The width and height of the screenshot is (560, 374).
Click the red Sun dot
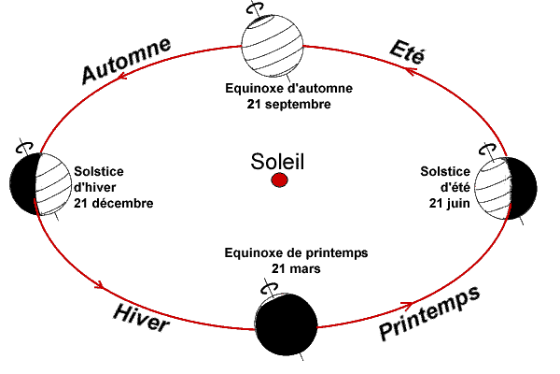pyautogui.click(x=278, y=180)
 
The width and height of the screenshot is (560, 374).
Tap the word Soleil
pyautogui.click(x=278, y=160)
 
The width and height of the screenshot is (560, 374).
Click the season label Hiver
pyautogui.click(x=141, y=319)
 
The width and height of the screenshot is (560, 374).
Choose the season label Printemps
pyautogui.click(x=430, y=314)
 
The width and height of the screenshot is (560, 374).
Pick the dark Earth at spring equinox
pyautogui.click(x=284, y=317)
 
